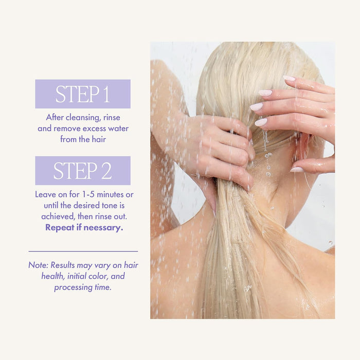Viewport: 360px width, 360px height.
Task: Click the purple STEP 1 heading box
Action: coord(83,94)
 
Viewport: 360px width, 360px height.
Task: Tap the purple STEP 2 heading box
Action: coord(83,171)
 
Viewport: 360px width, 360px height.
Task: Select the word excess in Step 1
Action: coord(97,128)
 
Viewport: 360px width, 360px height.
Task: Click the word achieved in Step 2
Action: coord(58,217)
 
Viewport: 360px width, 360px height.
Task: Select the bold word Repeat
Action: coord(61,227)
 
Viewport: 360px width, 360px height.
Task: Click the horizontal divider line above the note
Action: coord(83,251)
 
